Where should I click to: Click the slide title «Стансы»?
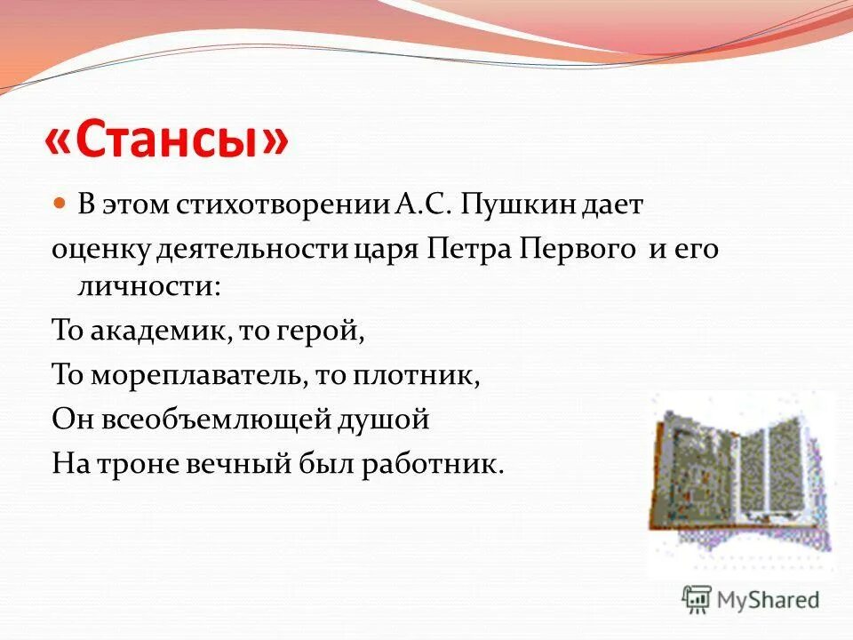pyautogui.click(x=166, y=140)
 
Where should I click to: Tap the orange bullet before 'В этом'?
pyautogui.click(x=60, y=204)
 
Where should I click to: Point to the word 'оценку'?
pyautogui.click(x=101, y=249)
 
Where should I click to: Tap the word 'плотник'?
pyautogui.click(x=419, y=375)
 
